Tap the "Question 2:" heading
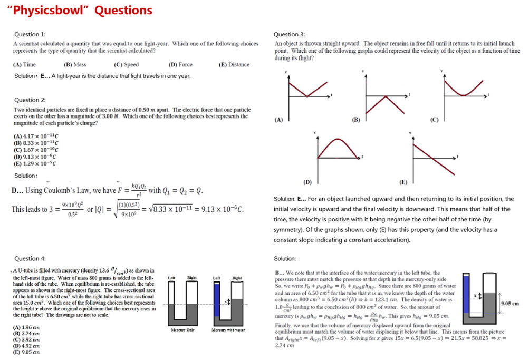(30, 100)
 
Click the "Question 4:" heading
(30, 258)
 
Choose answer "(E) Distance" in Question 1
(234, 65)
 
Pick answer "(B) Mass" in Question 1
(75, 65)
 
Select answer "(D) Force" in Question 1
(180, 65)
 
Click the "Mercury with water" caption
(228, 330)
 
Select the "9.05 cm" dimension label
(509, 304)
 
